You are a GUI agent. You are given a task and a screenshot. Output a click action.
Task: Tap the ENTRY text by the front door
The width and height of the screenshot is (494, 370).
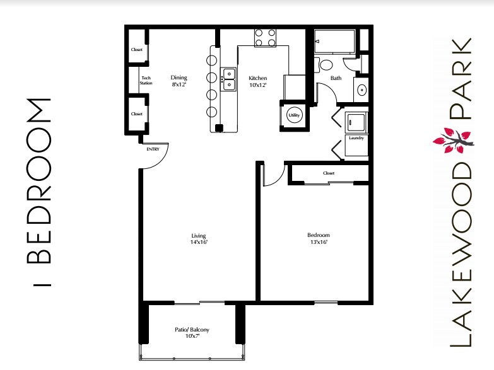(153, 149)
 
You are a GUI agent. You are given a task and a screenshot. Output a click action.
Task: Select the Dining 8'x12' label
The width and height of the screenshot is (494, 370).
(179, 81)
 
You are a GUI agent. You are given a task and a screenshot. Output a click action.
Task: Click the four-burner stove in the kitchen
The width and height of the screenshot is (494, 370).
(266, 38)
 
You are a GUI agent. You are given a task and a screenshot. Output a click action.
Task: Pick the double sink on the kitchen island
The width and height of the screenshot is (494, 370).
(228, 78)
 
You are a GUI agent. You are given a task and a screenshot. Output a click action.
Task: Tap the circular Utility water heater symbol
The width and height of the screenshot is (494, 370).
(293, 115)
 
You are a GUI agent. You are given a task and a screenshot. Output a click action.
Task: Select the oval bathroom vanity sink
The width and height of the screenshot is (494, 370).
(362, 90)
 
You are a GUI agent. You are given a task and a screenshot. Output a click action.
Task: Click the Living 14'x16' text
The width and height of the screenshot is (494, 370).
(199, 238)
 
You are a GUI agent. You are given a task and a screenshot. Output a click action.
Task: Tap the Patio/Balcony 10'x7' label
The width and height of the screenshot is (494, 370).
(192, 333)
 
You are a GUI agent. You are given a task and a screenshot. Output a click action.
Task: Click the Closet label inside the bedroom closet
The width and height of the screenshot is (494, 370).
(328, 173)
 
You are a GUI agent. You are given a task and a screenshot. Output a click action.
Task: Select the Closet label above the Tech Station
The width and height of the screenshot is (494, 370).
(136, 50)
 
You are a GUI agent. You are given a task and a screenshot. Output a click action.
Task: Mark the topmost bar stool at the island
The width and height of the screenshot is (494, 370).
(211, 61)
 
